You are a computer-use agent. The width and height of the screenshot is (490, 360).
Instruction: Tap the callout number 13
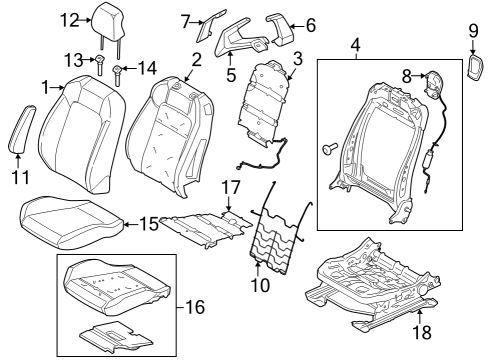coord(73,60)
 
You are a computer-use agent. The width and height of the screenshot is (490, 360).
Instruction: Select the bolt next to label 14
coord(119,71)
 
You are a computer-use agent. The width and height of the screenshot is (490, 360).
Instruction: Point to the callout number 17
coord(230,185)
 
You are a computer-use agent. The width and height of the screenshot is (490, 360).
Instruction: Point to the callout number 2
coord(196,60)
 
